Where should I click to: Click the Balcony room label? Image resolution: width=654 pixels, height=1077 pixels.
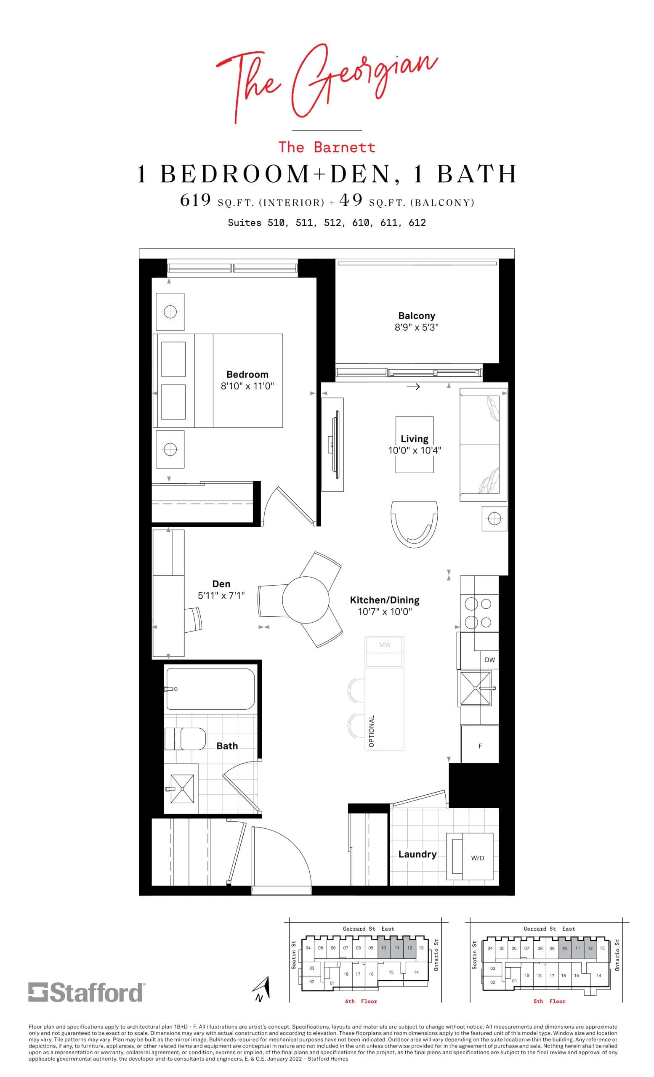click(416, 316)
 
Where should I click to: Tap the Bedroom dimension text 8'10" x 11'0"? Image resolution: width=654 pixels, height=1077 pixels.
click(247, 386)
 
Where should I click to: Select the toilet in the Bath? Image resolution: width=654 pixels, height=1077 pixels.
click(185, 738)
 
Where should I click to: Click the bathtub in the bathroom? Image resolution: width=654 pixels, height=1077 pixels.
click(210, 689)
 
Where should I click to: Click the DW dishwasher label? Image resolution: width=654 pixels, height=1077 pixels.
click(489, 660)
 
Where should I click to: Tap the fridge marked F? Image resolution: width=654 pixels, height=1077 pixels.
click(480, 745)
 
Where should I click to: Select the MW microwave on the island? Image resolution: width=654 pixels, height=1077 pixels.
click(384, 645)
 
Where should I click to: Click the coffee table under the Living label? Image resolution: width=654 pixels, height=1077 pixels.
click(415, 445)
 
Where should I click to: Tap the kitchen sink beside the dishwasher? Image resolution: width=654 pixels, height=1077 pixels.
click(475, 688)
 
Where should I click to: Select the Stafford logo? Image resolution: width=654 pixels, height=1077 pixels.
click(86, 992)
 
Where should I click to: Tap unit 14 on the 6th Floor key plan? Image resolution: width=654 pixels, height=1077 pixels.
click(416, 973)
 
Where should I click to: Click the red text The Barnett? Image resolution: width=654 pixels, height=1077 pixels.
click(327, 147)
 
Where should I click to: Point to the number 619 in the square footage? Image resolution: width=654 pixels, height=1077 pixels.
click(195, 200)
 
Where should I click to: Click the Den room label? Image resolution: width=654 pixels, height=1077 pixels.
click(221, 584)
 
